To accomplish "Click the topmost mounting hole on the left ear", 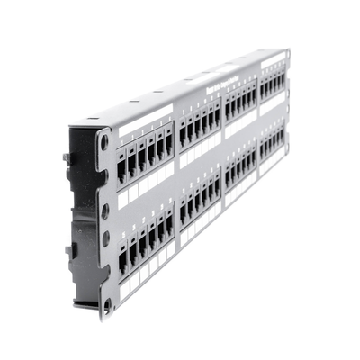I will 105,142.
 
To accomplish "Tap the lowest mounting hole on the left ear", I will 105,304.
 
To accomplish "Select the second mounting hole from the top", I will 105,210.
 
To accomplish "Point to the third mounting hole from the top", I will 105,238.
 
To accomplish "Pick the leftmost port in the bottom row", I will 122,260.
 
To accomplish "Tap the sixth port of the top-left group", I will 168,148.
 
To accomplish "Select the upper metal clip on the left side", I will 67,158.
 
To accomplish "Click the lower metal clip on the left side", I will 67,249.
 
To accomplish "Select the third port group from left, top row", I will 240,105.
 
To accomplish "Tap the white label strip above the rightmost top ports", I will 272,60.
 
